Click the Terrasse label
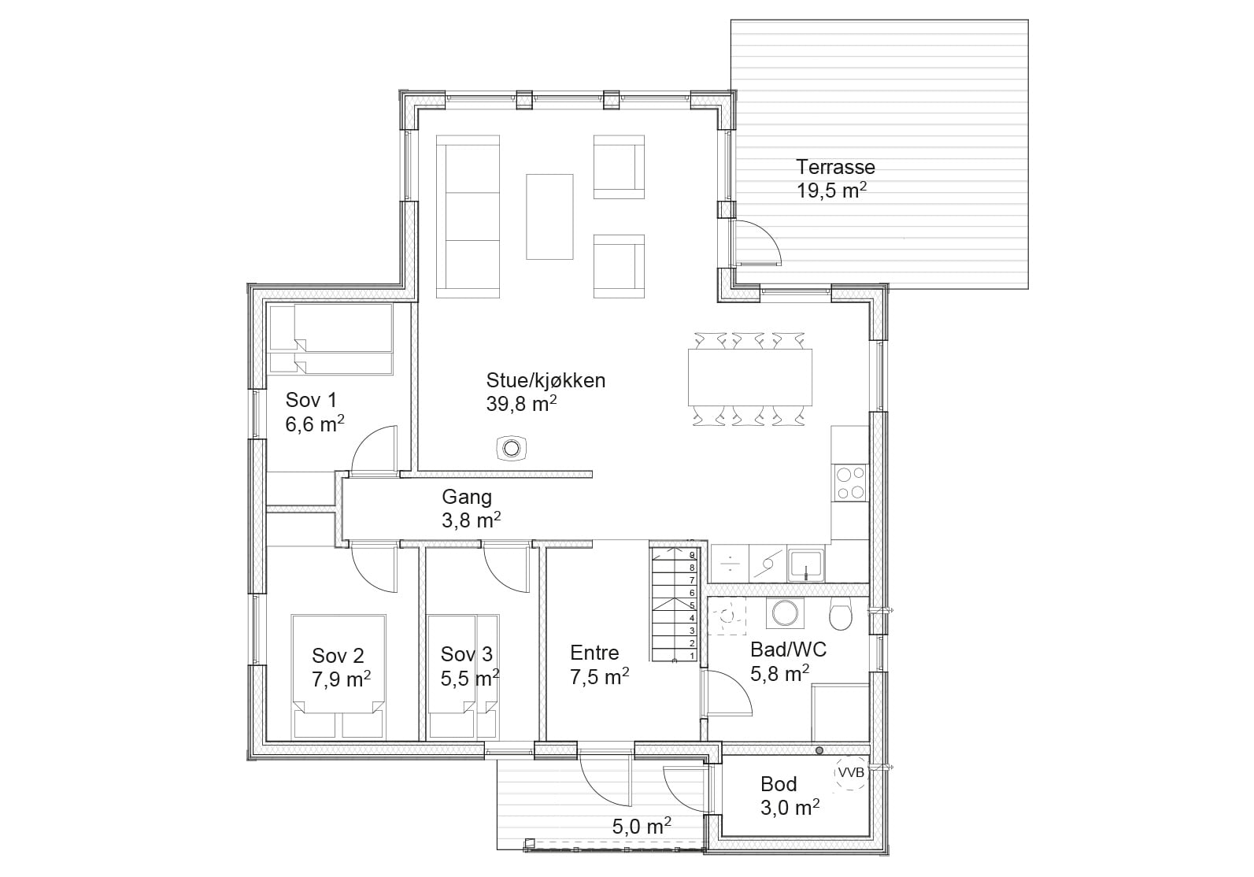pos(835,167)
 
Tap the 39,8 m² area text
pos(521,403)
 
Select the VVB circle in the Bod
pos(851,773)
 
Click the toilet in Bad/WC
pos(840,614)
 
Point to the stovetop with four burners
pos(850,483)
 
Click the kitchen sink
pos(805,565)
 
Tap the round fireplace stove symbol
pos(511,449)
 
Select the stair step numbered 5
pos(675,605)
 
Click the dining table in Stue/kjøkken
pos(750,377)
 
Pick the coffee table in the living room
pos(549,216)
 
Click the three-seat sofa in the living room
pos(468,216)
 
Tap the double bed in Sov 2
pos(338,677)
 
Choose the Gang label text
pos(467,497)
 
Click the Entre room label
pos(594,653)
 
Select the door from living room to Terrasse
pos(756,242)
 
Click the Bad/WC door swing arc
pos(737,684)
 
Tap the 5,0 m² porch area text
pos(642,827)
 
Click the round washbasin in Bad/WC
pos(785,613)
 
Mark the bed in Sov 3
pos(462,677)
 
